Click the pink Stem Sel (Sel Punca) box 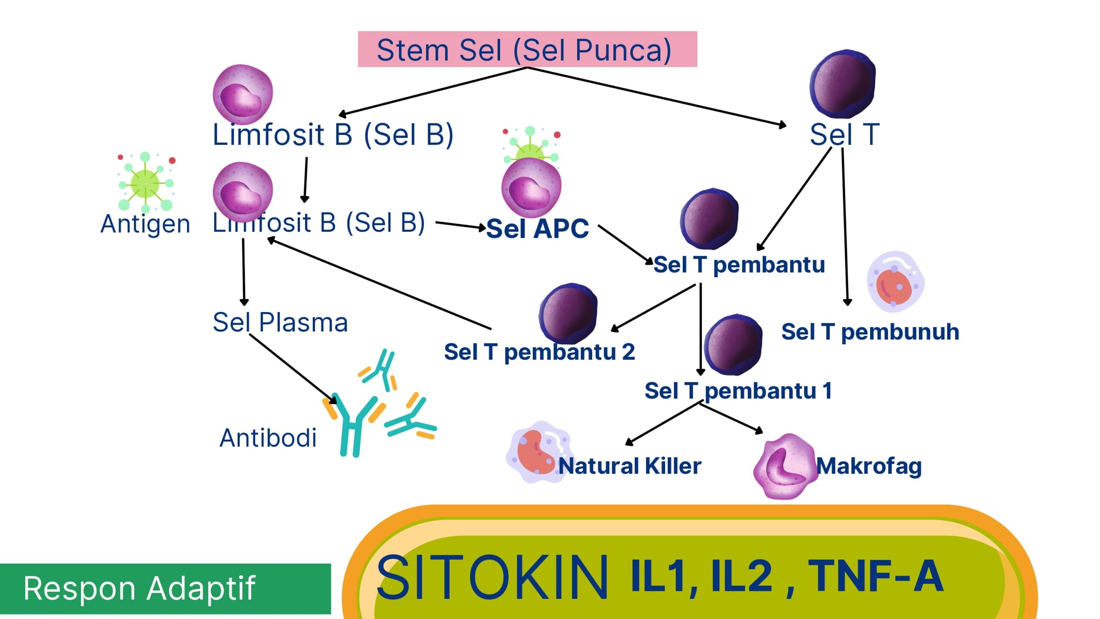tap(527, 49)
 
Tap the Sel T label tap(844, 134)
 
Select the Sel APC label tap(538, 228)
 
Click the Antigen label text tap(145, 224)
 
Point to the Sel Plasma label tap(280, 322)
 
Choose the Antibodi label tap(268, 438)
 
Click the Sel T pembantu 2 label tap(539, 352)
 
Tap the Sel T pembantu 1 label tap(738, 391)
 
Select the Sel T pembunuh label tap(870, 332)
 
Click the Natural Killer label tap(630, 466)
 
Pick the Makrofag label tap(869, 466)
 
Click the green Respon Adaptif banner tap(165, 588)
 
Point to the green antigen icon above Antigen tap(145, 182)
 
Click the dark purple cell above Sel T tap(842, 84)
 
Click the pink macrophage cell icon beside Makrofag tap(785, 466)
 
